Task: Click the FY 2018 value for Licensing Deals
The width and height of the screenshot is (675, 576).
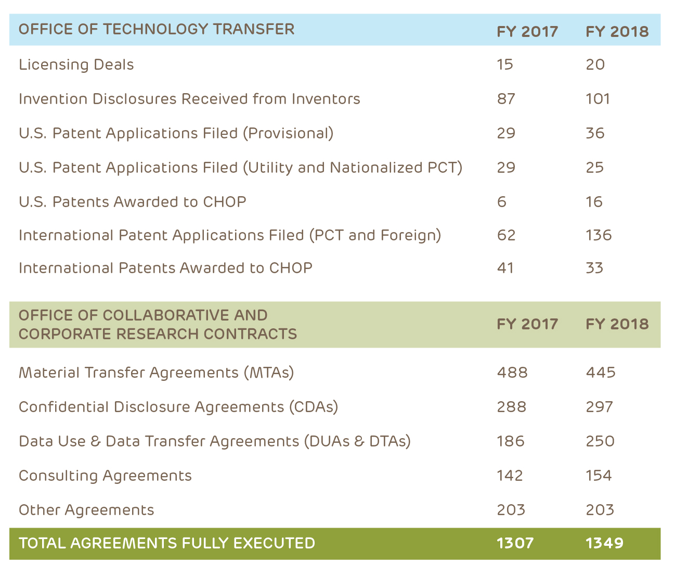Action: (595, 65)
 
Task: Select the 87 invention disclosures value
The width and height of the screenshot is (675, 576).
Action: (506, 99)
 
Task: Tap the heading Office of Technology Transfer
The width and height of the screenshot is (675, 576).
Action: (157, 29)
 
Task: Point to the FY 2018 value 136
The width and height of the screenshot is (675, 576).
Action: (599, 235)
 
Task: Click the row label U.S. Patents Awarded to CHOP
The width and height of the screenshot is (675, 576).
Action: (132, 202)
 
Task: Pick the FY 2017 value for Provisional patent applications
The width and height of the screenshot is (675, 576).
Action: (506, 133)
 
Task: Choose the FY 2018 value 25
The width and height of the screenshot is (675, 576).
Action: (594, 168)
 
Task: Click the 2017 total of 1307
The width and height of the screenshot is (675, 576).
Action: (515, 543)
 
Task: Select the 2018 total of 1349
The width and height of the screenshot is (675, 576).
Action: (604, 543)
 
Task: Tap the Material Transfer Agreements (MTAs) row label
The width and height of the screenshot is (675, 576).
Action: (156, 373)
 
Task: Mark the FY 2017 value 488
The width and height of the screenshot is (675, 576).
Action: (512, 373)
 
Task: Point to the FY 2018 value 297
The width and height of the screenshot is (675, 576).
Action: (600, 407)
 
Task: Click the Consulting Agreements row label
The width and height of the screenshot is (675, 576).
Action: (105, 476)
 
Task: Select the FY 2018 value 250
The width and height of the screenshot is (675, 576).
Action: (600, 441)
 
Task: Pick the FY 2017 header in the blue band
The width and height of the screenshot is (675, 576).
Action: (527, 32)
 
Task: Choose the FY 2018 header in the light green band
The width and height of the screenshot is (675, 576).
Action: (617, 324)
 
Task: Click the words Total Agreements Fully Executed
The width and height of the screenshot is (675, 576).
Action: (167, 543)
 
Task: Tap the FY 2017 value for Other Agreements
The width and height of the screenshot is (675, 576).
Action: (511, 510)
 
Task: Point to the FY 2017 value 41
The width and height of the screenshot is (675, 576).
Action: (505, 268)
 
